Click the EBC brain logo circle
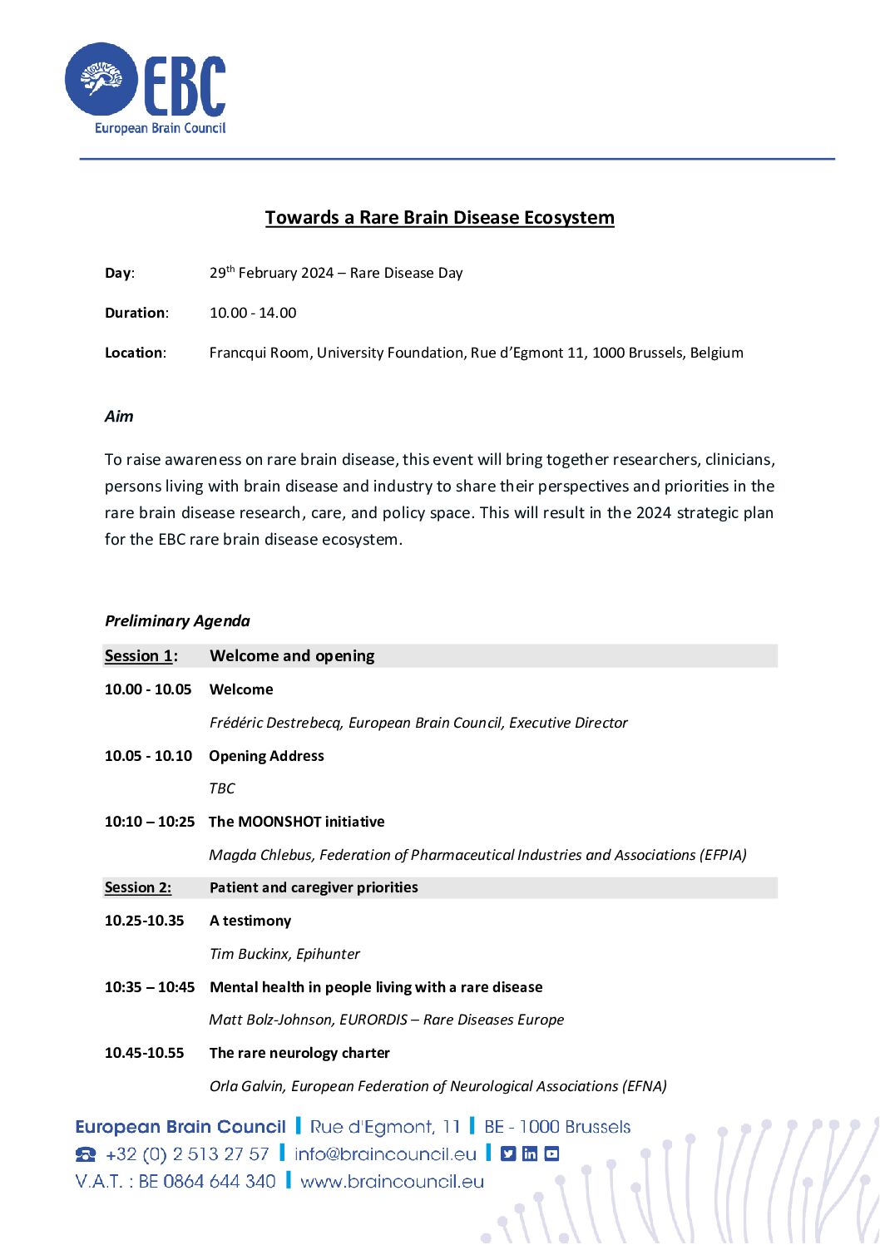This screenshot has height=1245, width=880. (101, 79)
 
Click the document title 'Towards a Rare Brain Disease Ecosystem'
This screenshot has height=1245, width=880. (439, 218)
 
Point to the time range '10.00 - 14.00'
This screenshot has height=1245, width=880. (253, 313)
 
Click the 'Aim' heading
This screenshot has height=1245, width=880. (119, 417)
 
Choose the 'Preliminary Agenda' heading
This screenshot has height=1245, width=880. (177, 621)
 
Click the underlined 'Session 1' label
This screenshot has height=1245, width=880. (138, 656)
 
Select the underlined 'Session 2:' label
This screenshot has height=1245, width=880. (138, 887)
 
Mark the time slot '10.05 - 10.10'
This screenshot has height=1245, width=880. (148, 756)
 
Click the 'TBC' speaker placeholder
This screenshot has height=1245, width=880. (222, 788)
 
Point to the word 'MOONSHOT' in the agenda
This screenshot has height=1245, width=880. (279, 822)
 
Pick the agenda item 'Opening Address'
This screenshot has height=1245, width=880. (266, 756)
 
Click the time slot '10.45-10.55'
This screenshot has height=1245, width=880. (145, 1053)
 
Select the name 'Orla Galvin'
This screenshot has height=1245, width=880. (245, 1086)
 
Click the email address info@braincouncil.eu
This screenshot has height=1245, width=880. (385, 1154)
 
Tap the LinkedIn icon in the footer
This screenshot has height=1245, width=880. (530, 1154)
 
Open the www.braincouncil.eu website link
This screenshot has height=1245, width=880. (392, 1182)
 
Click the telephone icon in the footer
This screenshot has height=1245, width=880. (86, 1154)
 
